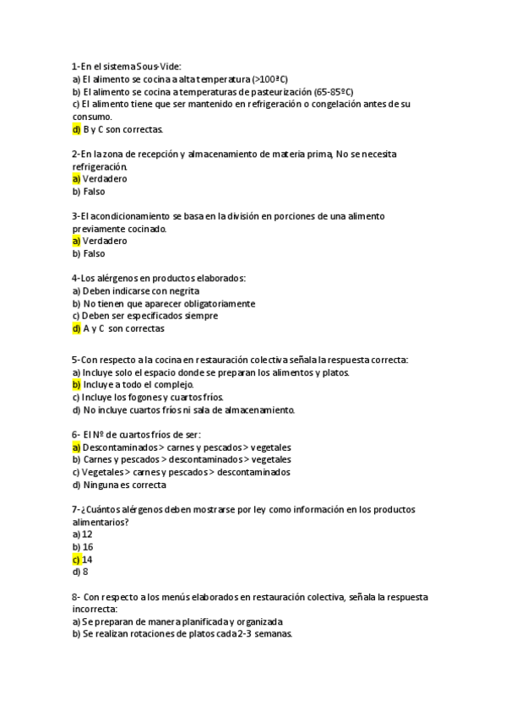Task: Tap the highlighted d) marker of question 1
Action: click(x=76, y=129)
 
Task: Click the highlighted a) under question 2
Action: click(x=76, y=179)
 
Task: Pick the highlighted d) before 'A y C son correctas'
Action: click(x=76, y=328)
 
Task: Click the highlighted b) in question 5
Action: click(x=76, y=384)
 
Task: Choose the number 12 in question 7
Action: click(x=88, y=534)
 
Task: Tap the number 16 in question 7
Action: click(x=88, y=547)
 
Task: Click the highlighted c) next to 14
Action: click(x=76, y=559)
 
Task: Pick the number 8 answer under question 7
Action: click(x=85, y=572)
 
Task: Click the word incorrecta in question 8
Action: click(x=95, y=609)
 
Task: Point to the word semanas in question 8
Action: click(x=269, y=634)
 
